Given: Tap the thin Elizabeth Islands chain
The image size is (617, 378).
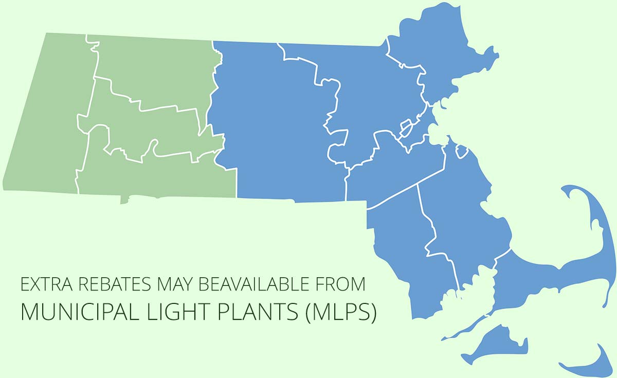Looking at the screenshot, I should (463, 329).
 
